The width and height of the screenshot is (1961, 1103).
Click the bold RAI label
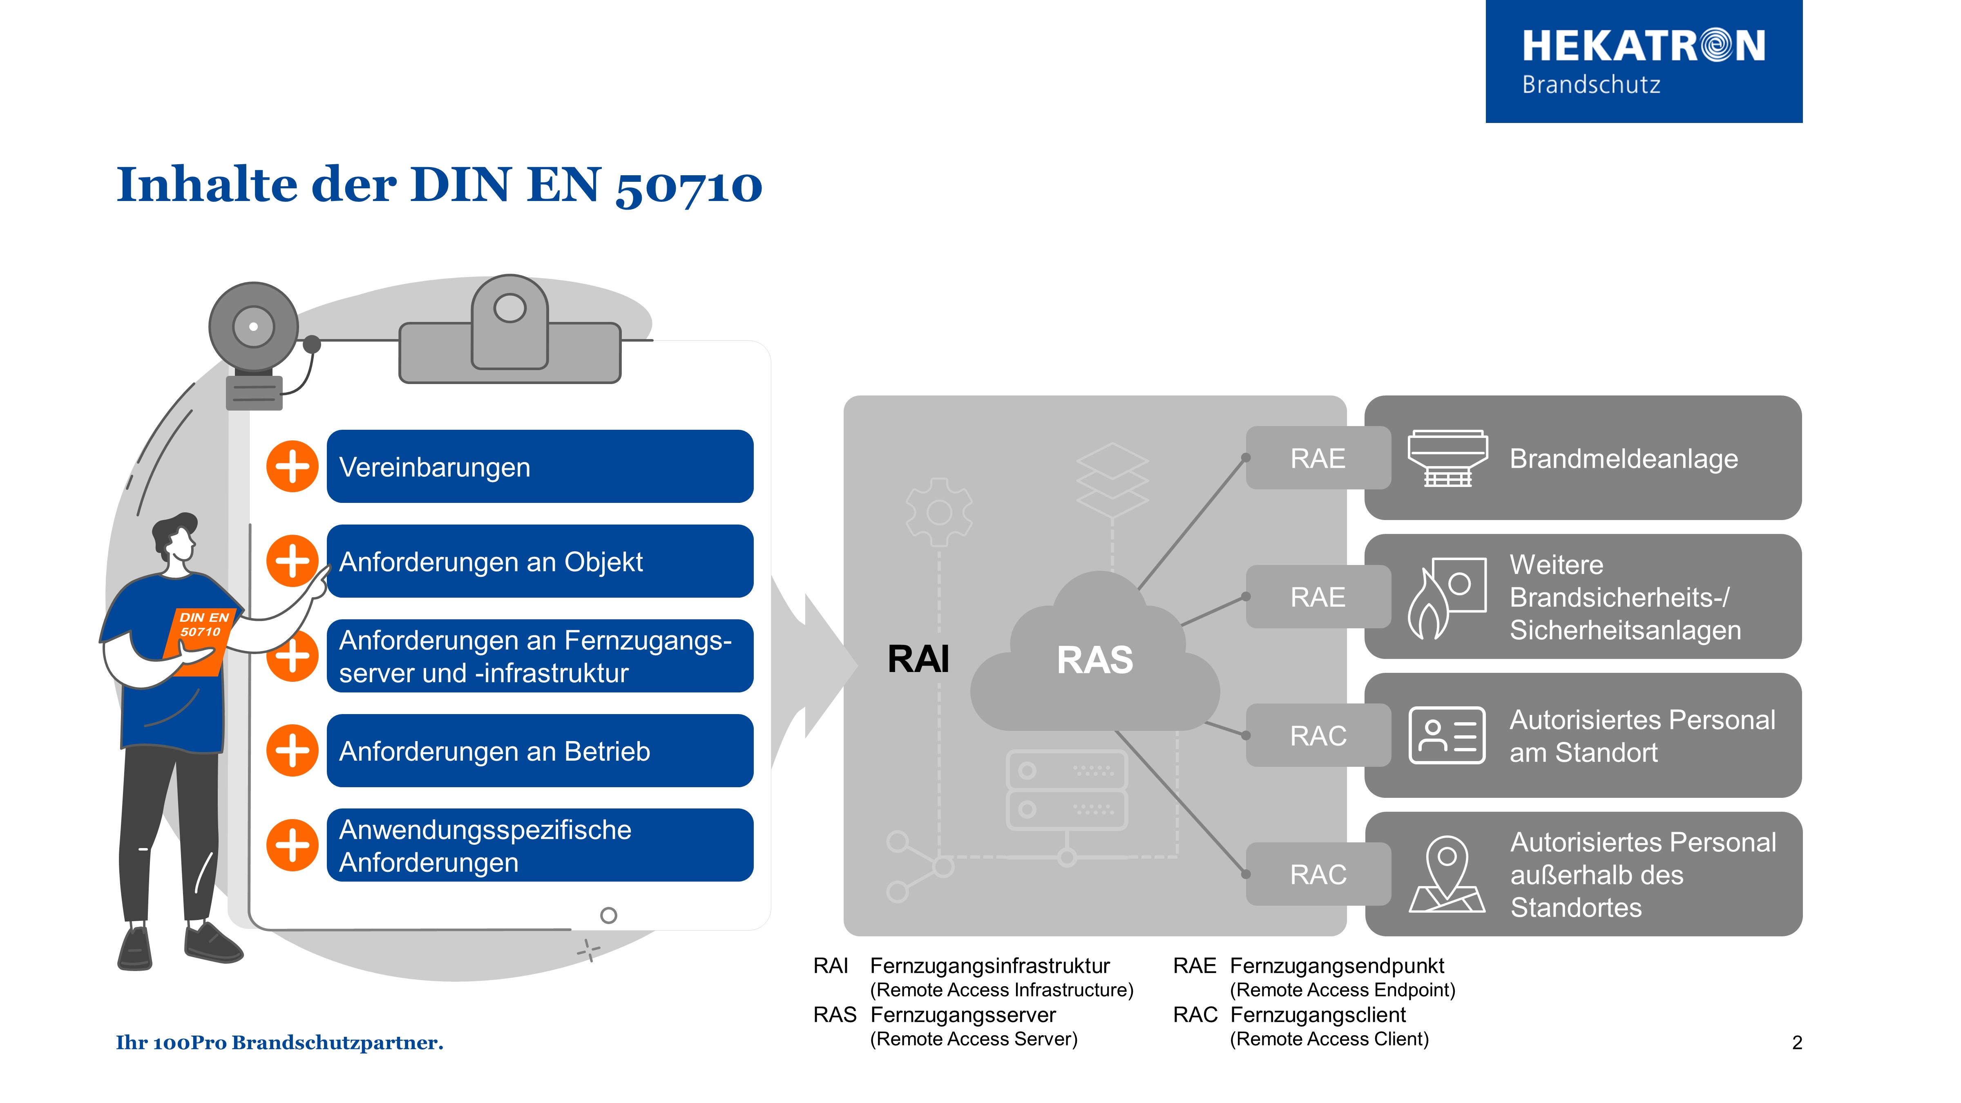pyautogui.click(x=918, y=659)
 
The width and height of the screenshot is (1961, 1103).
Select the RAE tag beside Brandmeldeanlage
pyautogui.click(x=1317, y=458)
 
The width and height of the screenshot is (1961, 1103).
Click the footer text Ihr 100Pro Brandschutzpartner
pyautogui.click(x=279, y=1042)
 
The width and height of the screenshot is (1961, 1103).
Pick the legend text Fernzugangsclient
pyautogui.click(x=1318, y=1015)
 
